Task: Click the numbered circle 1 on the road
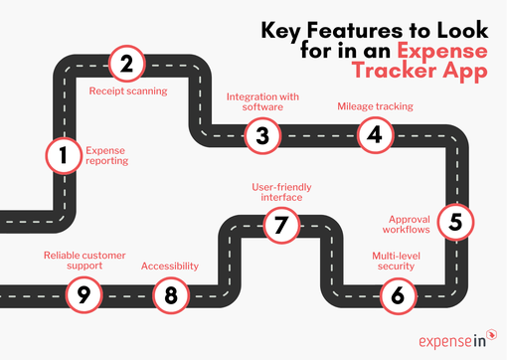(62, 155)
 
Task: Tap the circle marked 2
(126, 65)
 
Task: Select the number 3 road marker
(262, 136)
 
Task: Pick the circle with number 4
(375, 136)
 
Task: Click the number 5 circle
(455, 221)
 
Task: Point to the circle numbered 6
(398, 294)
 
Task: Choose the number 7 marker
(281, 226)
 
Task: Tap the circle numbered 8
(171, 294)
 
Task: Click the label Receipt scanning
(127, 91)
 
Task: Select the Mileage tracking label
(375, 104)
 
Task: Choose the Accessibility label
(170, 267)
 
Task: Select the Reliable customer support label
(84, 261)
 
